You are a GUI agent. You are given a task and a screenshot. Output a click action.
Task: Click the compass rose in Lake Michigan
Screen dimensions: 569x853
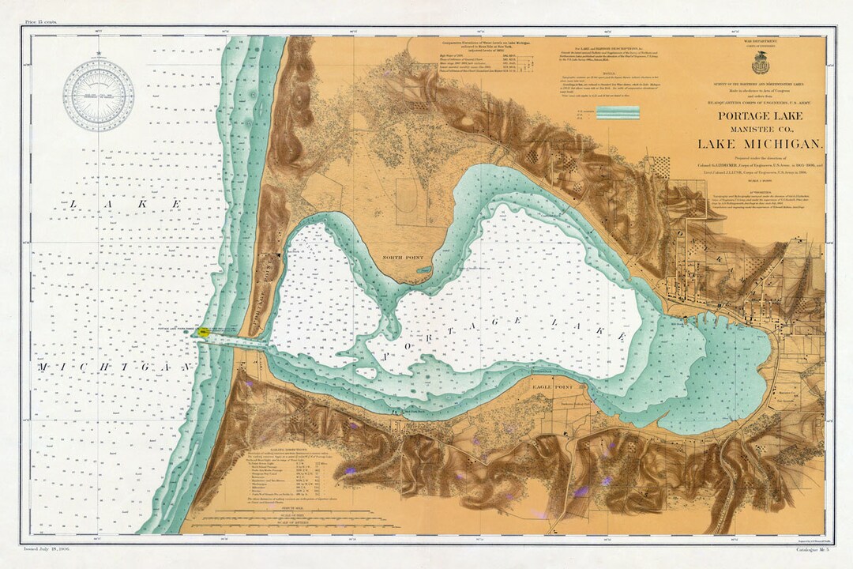(x=98, y=96)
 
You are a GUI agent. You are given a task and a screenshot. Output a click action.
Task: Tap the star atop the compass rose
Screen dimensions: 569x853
(x=98, y=55)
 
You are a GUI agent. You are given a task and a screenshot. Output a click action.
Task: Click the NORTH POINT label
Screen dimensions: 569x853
(x=404, y=257)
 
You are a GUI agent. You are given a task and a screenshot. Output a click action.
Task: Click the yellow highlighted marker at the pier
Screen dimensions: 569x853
(x=203, y=333)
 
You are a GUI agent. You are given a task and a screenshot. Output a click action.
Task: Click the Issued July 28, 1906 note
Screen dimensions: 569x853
(x=48, y=546)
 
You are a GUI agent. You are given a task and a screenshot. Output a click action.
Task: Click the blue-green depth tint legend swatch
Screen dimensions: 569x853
(x=617, y=112)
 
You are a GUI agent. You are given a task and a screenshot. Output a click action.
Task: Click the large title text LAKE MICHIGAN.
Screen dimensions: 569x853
(x=759, y=144)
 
